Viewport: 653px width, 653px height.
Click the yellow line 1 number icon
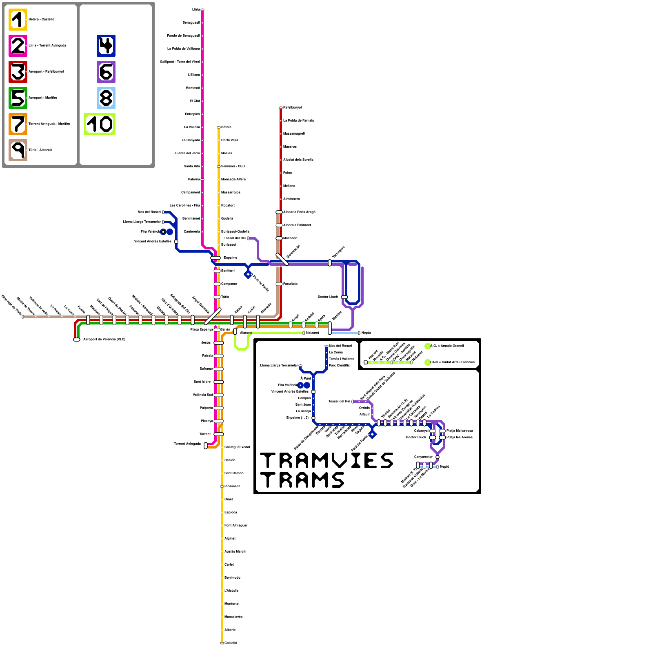tap(18, 20)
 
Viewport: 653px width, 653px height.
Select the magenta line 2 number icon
tap(18, 46)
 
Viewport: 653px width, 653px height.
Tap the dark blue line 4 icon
tap(106, 46)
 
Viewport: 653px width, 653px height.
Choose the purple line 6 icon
tap(106, 72)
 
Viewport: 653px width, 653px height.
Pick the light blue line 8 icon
tap(106, 98)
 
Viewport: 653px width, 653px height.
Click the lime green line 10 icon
tap(100, 124)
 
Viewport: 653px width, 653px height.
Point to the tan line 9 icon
tap(18, 150)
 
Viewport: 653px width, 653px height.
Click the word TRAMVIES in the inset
tap(326, 460)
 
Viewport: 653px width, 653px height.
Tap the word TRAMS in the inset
tap(302, 480)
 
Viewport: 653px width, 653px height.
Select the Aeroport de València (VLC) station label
tap(104, 340)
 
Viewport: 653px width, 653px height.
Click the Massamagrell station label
tap(294, 134)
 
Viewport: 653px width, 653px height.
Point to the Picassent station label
tap(232, 486)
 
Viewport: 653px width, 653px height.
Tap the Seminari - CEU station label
tap(233, 167)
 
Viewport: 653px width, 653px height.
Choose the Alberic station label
tap(230, 630)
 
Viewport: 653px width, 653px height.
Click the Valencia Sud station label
tap(203, 395)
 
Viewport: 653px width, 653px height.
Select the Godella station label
tap(227, 219)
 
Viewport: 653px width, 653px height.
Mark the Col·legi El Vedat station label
tap(237, 447)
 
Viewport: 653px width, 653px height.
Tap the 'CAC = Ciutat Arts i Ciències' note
tap(452, 362)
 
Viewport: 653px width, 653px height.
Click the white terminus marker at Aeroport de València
tap(77, 340)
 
